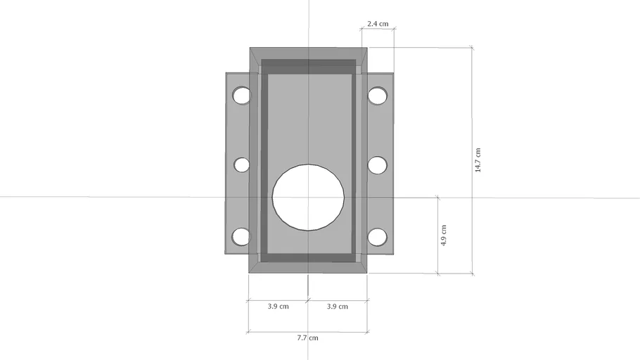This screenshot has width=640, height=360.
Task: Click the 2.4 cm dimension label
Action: [378, 24]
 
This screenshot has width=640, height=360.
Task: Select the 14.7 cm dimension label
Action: [478, 160]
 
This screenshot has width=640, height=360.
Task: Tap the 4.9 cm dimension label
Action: [442, 234]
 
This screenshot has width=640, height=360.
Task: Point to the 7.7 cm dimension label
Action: [307, 337]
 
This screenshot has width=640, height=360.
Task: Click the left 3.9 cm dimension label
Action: [278, 307]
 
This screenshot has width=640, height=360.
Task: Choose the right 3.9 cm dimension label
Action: [338, 307]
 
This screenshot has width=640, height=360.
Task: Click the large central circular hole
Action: [308, 197]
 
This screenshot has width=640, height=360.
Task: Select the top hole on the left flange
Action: [241, 96]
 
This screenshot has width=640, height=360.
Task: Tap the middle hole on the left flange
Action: [241, 165]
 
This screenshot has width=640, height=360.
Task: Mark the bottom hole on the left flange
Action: [241, 237]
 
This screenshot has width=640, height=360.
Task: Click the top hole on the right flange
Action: [378, 96]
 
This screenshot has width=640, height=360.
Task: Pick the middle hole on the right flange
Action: [378, 165]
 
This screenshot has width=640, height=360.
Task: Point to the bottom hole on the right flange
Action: [378, 237]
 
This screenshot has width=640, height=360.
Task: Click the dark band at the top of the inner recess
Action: [308, 67]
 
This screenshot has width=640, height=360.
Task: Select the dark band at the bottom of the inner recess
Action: [308, 257]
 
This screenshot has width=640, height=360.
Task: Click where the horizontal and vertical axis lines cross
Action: [308, 197]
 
